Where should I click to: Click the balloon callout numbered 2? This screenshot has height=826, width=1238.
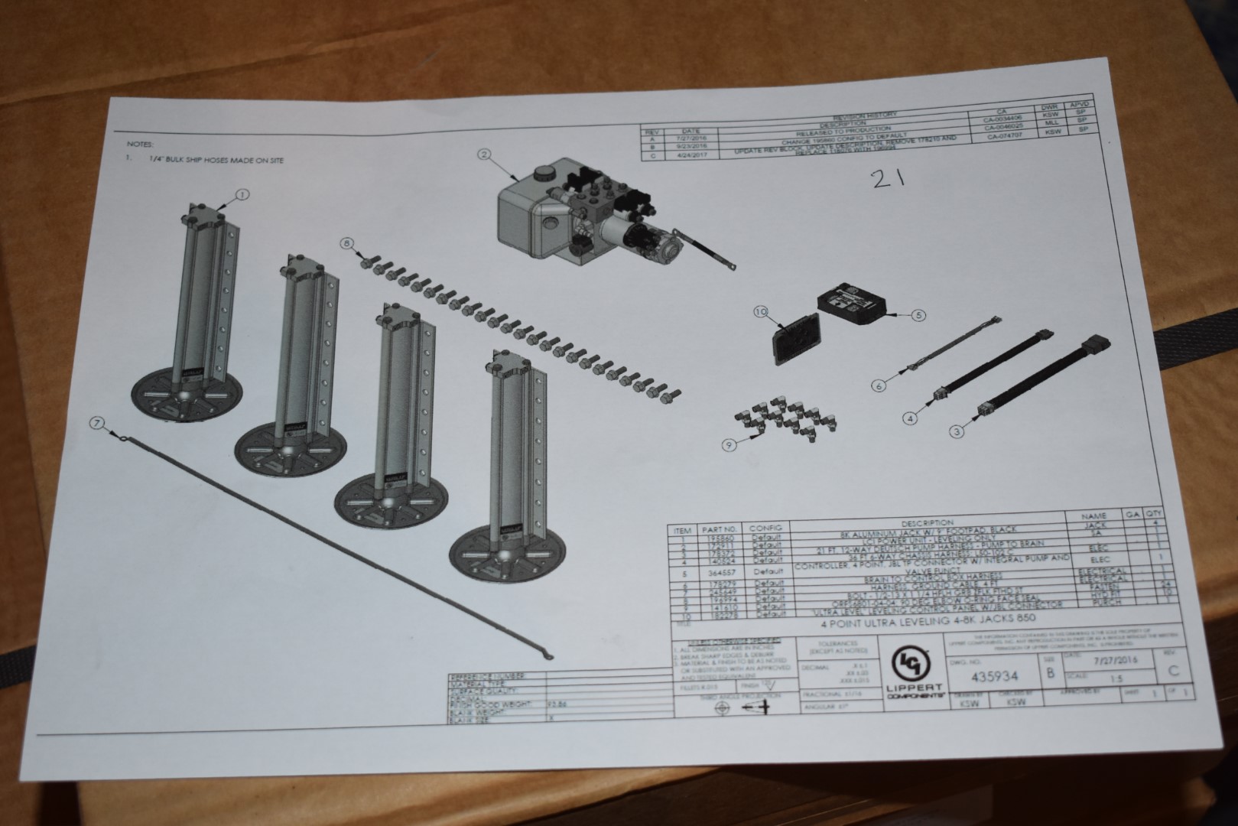[483, 154]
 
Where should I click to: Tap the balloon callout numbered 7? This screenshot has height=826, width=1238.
[96, 422]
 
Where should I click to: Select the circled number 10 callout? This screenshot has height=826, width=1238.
[760, 312]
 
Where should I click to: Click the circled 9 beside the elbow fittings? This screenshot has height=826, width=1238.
[730, 444]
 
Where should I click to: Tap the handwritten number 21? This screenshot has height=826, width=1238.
[889, 179]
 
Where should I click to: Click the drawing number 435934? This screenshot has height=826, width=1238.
[994, 676]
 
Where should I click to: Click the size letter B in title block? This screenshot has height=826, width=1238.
[1051, 673]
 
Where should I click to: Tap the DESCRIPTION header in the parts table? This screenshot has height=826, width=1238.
[928, 523]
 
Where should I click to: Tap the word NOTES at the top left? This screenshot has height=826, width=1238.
[141, 144]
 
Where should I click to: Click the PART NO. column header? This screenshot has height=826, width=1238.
[720, 528]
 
